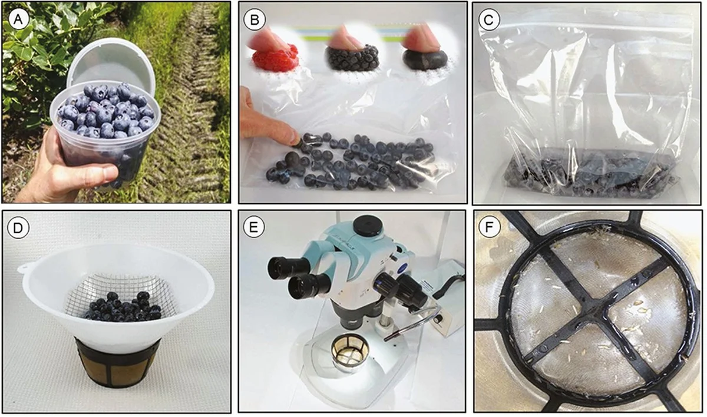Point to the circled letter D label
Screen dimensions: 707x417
pos(18,228)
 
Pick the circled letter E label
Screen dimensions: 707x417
pos(254,227)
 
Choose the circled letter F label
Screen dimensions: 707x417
pos(489,227)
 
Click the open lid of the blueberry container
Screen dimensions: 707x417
pos(111,65)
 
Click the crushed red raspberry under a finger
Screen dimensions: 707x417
pos(276,59)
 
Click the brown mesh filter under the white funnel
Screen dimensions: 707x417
pos(118,362)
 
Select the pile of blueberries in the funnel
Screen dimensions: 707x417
pos(123,307)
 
